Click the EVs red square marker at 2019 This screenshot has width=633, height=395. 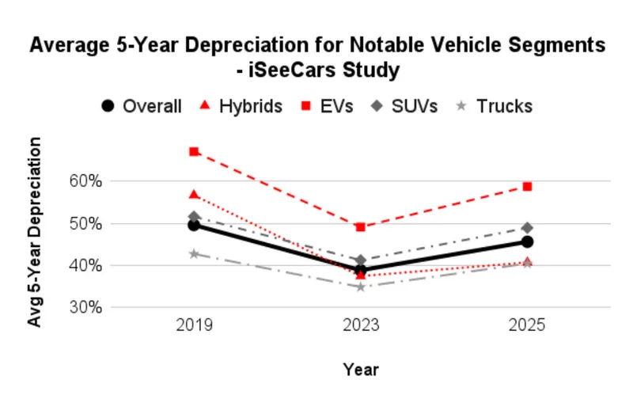click(x=194, y=151)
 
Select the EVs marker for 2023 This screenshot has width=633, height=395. click(x=361, y=227)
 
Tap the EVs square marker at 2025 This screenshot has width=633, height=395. click(x=527, y=186)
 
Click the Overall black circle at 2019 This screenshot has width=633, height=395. click(x=194, y=225)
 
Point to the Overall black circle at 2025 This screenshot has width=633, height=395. click(x=527, y=241)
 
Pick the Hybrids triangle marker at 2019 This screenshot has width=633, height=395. click(x=194, y=194)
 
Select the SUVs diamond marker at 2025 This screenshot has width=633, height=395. click(x=527, y=228)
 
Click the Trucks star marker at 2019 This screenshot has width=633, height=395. click(x=194, y=254)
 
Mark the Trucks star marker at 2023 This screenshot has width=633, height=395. click(x=361, y=287)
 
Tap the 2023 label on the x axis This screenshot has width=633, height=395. click(x=361, y=326)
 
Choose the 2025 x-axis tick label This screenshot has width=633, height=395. click(x=527, y=326)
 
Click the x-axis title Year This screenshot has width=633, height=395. click(x=361, y=370)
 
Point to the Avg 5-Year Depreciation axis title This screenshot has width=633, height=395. click(x=35, y=232)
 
